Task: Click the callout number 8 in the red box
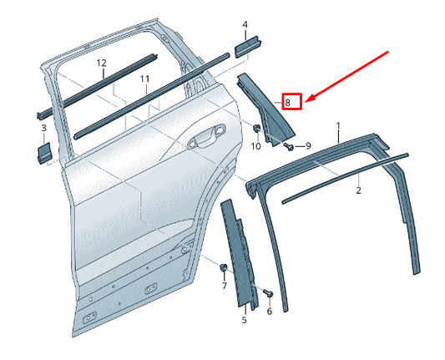pyautogui.click(x=288, y=103)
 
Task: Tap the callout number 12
pyautogui.click(x=101, y=63)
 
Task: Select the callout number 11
pyautogui.click(x=144, y=79)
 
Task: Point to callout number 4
pyautogui.click(x=245, y=25)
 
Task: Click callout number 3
pyautogui.click(x=43, y=128)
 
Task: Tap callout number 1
pyautogui.click(x=338, y=126)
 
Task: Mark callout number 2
pyautogui.click(x=358, y=190)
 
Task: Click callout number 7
pyautogui.click(x=224, y=286)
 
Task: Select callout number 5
pyautogui.click(x=244, y=320)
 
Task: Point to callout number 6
pyautogui.click(x=269, y=312)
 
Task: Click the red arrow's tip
pyautogui.click(x=306, y=101)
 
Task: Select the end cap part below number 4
pyautogui.click(x=248, y=46)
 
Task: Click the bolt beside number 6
pyautogui.click(x=268, y=293)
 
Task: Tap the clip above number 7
pyautogui.click(x=224, y=268)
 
